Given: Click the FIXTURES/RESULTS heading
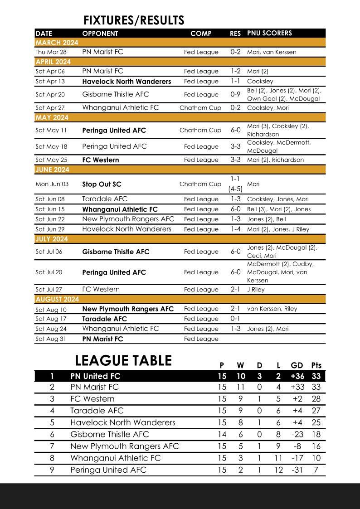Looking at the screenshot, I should [x=134, y=20].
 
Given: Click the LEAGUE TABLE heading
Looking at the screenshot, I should [x=123, y=360].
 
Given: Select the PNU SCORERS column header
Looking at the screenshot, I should [x=269, y=33].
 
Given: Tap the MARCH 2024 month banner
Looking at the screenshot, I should [x=57, y=43].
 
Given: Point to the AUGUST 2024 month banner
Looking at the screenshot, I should [x=57, y=299].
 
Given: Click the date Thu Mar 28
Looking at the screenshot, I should [x=51, y=52].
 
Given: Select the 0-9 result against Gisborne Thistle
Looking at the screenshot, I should [x=235, y=94].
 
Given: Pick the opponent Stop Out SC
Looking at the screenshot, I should [x=102, y=184].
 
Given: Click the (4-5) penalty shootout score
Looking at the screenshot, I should [x=235, y=189].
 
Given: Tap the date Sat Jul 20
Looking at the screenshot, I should [x=49, y=272].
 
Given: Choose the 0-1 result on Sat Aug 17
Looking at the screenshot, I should [x=235, y=319].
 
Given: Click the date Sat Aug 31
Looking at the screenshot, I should [x=50, y=339].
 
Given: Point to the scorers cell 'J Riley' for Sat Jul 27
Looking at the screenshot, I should [x=256, y=290].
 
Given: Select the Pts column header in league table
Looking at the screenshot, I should [x=316, y=365].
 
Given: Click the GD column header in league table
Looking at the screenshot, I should [x=297, y=365].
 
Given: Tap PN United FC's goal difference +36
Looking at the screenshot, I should [x=297, y=376].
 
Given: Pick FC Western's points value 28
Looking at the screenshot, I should [x=316, y=399].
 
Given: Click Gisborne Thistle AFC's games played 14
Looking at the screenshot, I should [x=222, y=434].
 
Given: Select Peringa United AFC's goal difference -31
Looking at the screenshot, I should [x=297, y=470].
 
